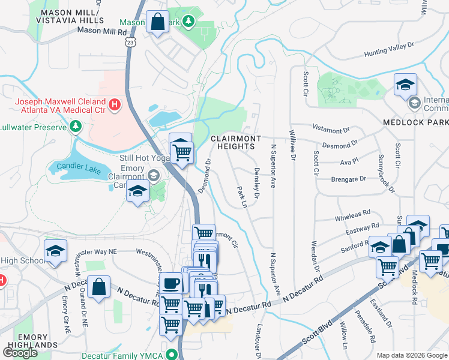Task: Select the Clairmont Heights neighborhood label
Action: coord(236,143)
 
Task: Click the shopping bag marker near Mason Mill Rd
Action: coord(157,22)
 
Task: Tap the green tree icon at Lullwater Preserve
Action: coord(75,126)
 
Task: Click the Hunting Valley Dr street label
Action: coord(389,50)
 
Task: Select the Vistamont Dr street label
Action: coord(331,130)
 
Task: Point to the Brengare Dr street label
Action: coord(348,179)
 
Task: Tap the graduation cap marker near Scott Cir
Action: coord(405,85)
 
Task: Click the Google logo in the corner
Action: coord(20,352)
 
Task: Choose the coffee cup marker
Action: coord(172,282)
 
